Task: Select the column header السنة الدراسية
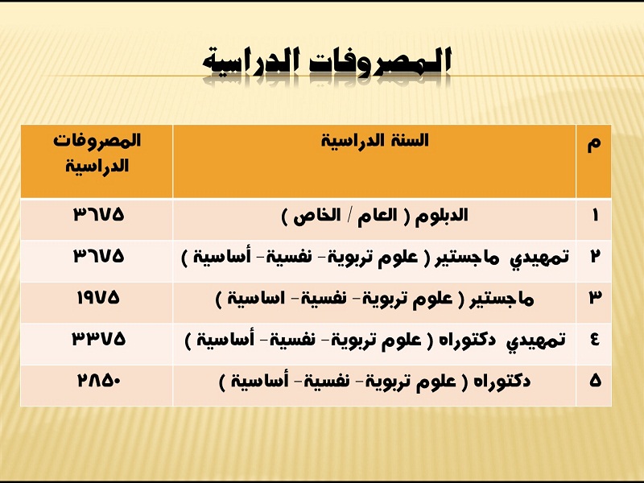point(374,140)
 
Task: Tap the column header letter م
point(594,144)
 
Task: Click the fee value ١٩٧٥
point(98,297)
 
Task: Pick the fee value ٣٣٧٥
point(98,339)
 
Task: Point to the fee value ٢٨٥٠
point(98,381)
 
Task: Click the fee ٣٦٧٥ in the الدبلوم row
point(98,214)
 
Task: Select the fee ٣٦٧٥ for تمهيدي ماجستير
point(98,256)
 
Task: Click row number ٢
point(595,256)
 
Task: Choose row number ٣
point(595,297)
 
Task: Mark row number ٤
point(595,339)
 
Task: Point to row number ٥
point(595,381)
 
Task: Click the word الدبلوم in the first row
point(441,216)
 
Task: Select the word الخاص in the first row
point(317,216)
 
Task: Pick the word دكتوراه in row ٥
point(502,382)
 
